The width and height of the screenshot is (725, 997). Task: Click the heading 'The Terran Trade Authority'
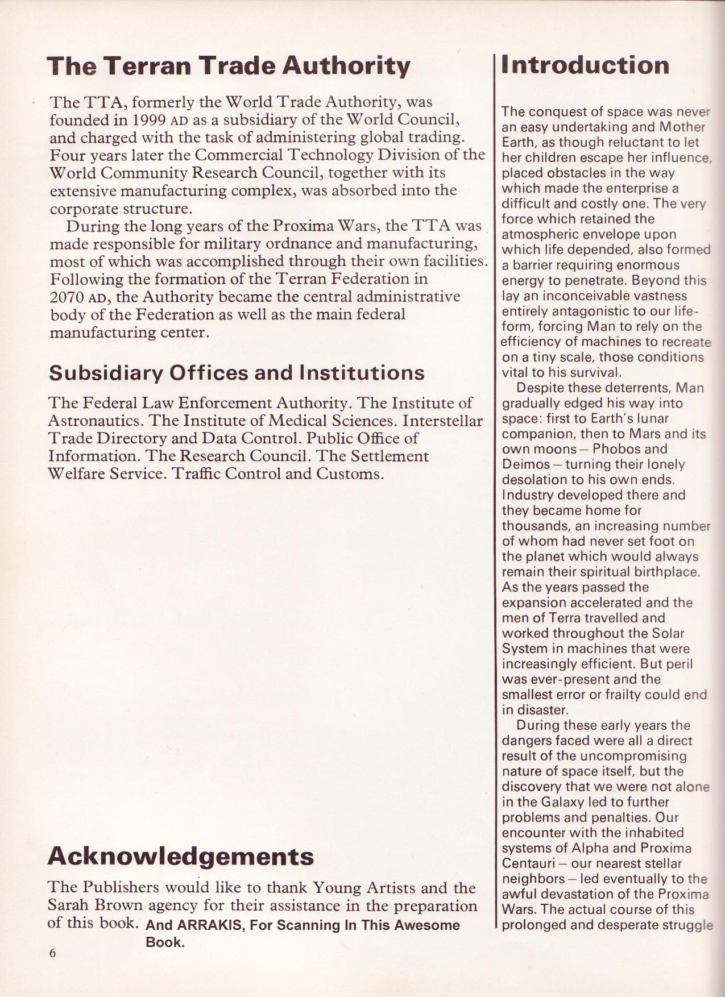click(x=229, y=67)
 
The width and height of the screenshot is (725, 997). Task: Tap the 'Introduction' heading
click(x=585, y=65)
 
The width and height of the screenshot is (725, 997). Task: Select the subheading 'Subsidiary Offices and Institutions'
click(x=237, y=373)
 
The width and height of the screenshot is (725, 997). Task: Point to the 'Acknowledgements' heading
click(x=181, y=856)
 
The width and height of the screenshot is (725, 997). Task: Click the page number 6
click(x=52, y=953)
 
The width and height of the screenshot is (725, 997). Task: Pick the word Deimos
click(x=523, y=464)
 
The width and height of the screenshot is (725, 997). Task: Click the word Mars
click(x=644, y=434)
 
